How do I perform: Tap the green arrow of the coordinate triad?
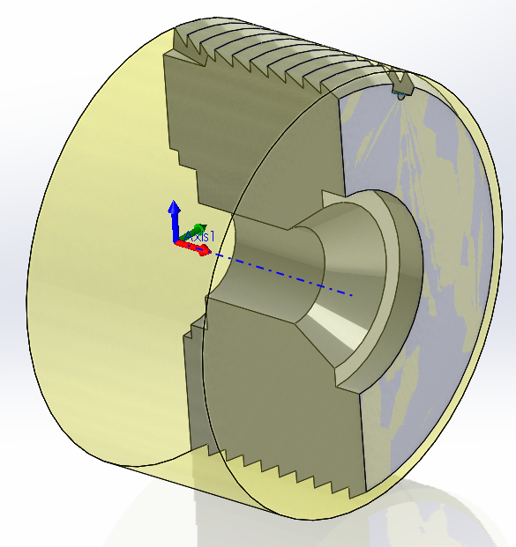point(198,229)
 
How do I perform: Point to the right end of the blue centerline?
point(353,294)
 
